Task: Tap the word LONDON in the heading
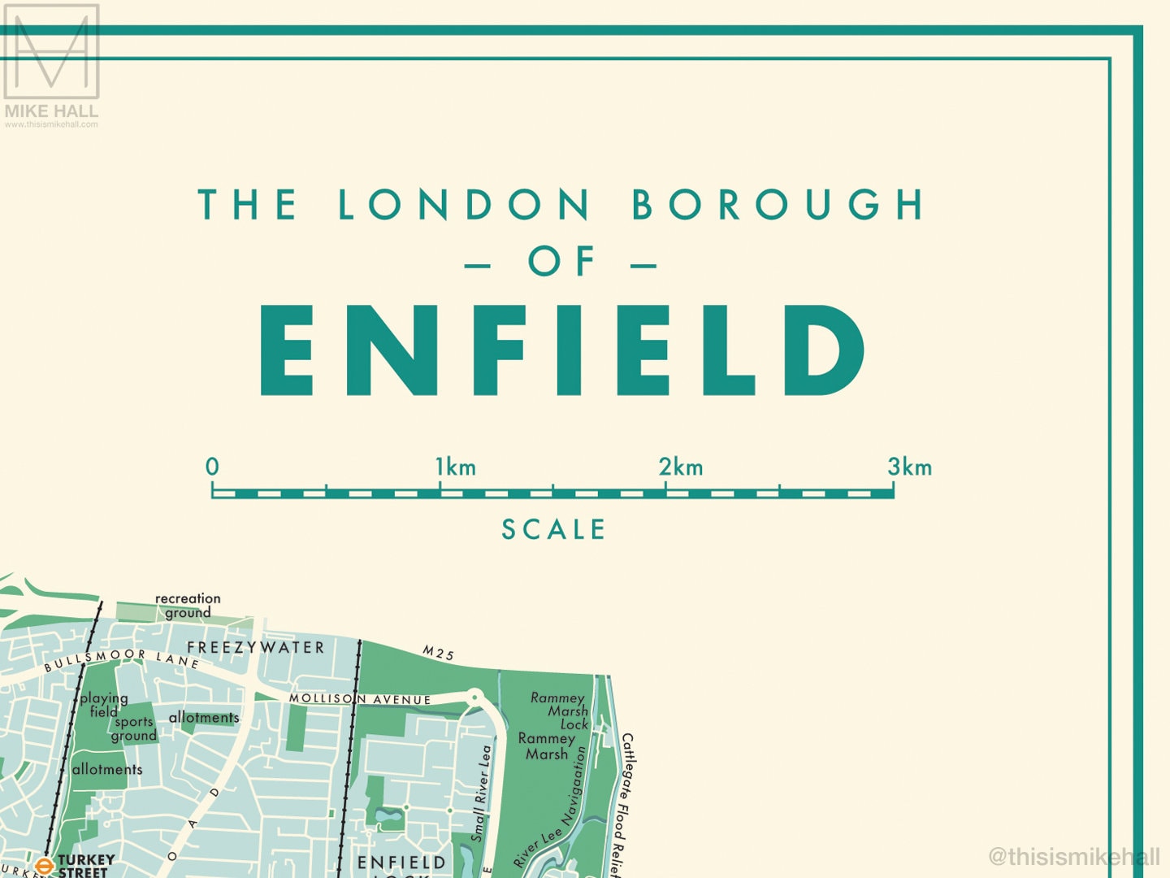click(x=464, y=205)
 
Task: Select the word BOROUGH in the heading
click(x=778, y=205)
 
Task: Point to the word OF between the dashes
click(x=562, y=263)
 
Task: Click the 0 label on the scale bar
click(x=212, y=467)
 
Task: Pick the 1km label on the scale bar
click(x=455, y=467)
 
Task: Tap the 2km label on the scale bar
click(x=681, y=467)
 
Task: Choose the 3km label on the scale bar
click(x=909, y=467)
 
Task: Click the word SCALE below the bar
click(x=553, y=530)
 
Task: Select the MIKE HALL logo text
click(x=51, y=111)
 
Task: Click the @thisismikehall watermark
click(x=1073, y=856)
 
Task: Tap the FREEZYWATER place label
click(x=256, y=648)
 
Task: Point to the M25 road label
click(x=438, y=652)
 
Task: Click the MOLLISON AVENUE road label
click(x=360, y=699)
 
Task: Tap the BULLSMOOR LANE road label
click(x=122, y=658)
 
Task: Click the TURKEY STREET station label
click(x=85, y=866)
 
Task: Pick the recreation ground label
click(x=188, y=606)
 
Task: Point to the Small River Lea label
click(x=482, y=793)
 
